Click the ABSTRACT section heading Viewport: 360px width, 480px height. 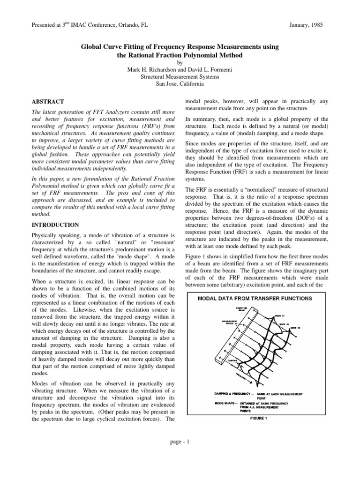(x=47, y=102)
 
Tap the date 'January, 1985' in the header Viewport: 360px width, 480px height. (x=306, y=24)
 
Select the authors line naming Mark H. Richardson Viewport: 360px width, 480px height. (x=180, y=69)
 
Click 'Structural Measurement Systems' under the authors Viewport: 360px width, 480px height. (x=180, y=76)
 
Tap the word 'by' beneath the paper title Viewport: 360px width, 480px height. (x=180, y=62)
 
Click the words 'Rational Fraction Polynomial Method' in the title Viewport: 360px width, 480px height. (x=187, y=55)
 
